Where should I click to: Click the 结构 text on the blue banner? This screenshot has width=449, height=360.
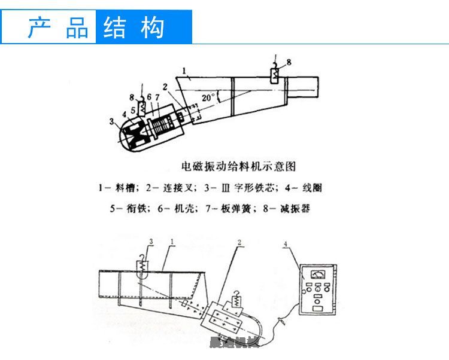(133, 28)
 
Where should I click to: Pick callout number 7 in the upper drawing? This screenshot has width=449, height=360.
(157, 97)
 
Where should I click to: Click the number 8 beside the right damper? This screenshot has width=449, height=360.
(289, 62)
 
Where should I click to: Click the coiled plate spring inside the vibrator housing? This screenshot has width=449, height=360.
(162, 126)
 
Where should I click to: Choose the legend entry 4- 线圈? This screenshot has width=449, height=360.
(303, 188)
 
